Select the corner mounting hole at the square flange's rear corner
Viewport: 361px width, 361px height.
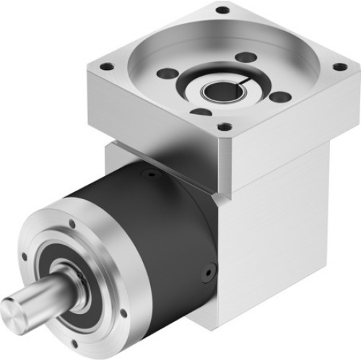tap(223, 10)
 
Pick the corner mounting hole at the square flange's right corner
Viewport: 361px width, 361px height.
tap(337, 67)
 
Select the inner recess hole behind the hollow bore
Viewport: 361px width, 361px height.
tap(245, 56)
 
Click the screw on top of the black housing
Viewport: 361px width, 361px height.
tap(149, 173)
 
